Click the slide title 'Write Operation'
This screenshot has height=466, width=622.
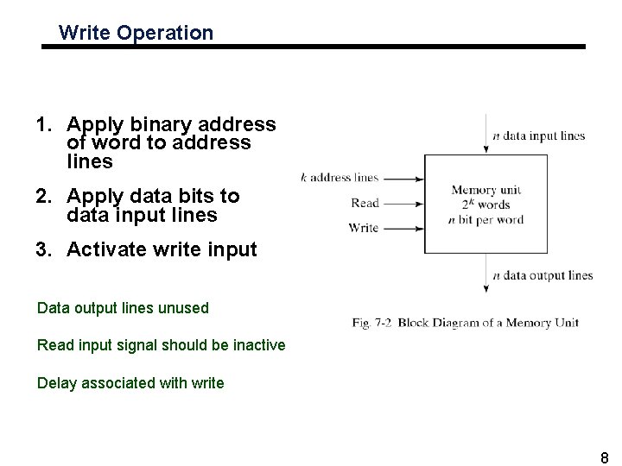[x=136, y=34]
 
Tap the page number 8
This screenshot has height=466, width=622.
[x=605, y=457]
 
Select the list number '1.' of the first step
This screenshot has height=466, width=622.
[x=45, y=124]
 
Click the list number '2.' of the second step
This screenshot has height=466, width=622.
[x=45, y=196]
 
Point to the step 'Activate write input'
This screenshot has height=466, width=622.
[x=162, y=249]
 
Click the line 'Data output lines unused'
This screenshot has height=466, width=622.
[x=123, y=307]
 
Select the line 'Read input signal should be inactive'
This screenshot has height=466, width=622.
[x=161, y=345]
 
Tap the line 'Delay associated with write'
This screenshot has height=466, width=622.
[x=130, y=383]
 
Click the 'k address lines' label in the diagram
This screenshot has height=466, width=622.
[x=340, y=179]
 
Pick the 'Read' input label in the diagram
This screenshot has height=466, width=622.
[x=365, y=204]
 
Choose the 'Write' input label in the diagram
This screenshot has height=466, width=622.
[x=364, y=228]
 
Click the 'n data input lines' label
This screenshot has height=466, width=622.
[x=538, y=135]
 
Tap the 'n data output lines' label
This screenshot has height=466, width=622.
[x=543, y=275]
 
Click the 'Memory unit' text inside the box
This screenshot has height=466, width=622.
[x=486, y=191]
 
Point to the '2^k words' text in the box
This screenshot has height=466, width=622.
[x=486, y=205]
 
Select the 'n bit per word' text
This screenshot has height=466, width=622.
[x=486, y=219]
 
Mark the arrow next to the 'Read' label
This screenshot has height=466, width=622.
[x=403, y=204]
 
